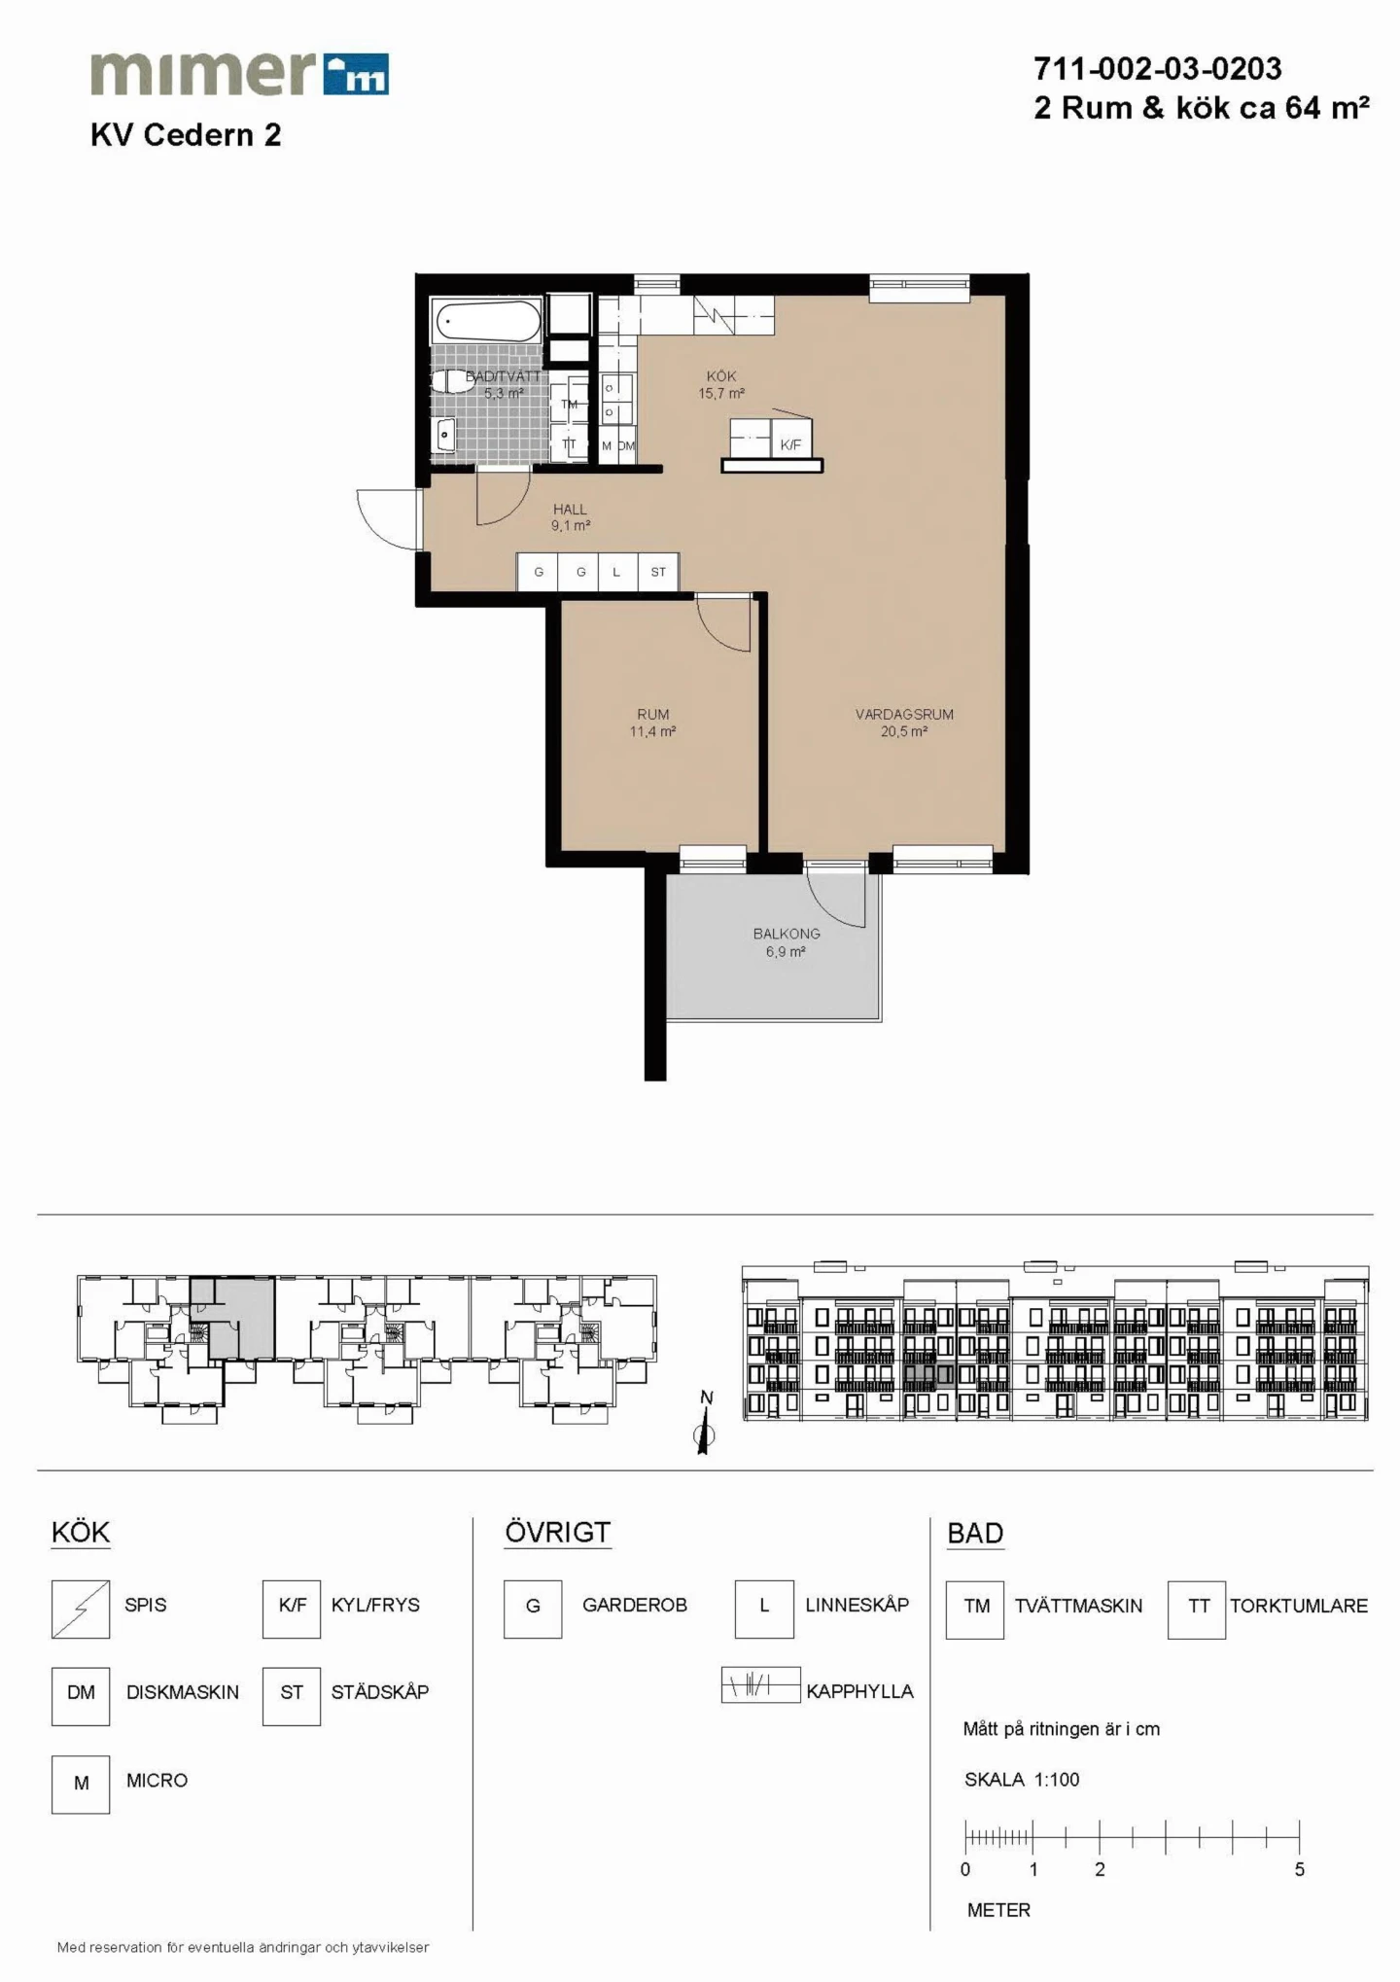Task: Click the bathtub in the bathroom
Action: (x=487, y=321)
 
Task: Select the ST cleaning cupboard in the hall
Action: (x=658, y=572)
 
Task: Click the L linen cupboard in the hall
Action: (x=616, y=572)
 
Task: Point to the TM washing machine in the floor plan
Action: (x=570, y=404)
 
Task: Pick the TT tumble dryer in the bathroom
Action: (x=570, y=443)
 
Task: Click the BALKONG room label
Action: (x=787, y=934)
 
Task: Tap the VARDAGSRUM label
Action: (x=904, y=714)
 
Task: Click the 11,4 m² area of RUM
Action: (x=652, y=731)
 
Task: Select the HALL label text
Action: (x=570, y=509)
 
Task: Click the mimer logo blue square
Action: (x=356, y=74)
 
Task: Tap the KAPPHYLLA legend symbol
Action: (x=760, y=1685)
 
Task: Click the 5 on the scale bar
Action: (x=1299, y=1869)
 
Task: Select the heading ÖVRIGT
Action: (x=557, y=1533)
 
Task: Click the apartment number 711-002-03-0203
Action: (x=1158, y=68)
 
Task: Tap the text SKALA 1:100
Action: (x=1022, y=1780)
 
